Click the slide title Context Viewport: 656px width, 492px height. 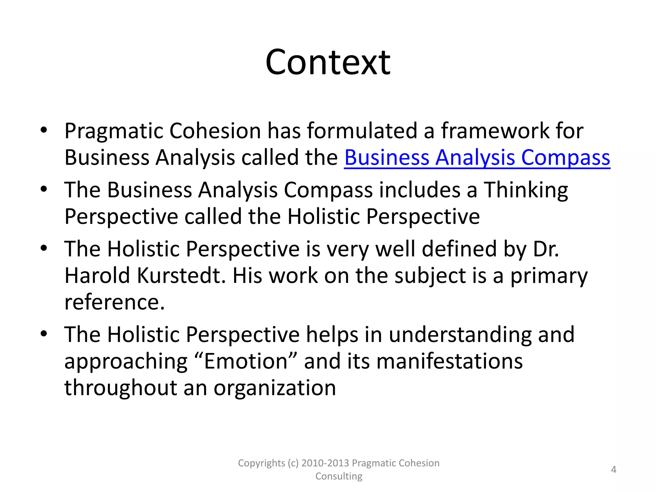328,62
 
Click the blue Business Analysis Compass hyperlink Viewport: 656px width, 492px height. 477,158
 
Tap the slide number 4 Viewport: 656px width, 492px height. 613,470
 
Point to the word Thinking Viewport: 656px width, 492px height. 525,190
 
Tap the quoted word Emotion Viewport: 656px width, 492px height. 246,361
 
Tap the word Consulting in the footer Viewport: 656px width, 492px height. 339,476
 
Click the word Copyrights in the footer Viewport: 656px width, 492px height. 261,463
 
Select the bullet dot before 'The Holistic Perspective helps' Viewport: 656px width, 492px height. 44,334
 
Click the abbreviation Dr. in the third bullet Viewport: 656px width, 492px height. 546,249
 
